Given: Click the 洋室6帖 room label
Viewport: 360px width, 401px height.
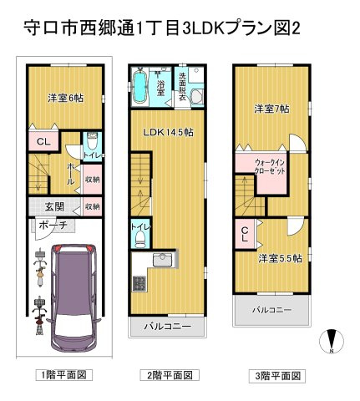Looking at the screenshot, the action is coord(65,98).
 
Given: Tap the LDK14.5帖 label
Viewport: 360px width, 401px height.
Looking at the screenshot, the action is coord(168,132).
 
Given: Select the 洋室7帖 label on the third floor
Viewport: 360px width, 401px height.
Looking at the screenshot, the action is coord(271,109).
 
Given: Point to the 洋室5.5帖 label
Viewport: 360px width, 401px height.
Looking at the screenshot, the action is coord(280,258).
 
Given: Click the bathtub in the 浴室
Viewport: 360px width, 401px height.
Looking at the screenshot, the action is coord(139,86).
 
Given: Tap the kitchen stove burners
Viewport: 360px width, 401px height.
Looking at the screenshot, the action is coord(139,283).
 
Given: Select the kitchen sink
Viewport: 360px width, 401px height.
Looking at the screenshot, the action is coord(163,261).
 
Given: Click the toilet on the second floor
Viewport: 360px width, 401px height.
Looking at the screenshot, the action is coord(140,240).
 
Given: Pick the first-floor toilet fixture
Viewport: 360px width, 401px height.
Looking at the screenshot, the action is coord(92,141).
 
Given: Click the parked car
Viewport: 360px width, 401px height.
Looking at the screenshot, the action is coord(74,299).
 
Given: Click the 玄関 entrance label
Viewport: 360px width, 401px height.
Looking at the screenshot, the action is coord(54,206).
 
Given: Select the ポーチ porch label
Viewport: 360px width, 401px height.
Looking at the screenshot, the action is coord(53,225).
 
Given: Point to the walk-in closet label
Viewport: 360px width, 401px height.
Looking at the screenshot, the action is coord(270,166).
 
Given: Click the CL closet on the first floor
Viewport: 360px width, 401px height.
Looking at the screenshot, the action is coord(43,142).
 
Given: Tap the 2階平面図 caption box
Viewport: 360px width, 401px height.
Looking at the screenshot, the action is coord(170,375).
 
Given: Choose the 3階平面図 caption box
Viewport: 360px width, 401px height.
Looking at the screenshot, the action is coord(277,376).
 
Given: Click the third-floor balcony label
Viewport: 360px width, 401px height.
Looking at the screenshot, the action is coord(271,310).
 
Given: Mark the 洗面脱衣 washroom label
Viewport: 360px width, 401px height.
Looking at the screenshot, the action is coord(182,87).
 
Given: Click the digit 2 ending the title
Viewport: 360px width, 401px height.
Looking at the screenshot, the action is coord(296,28).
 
